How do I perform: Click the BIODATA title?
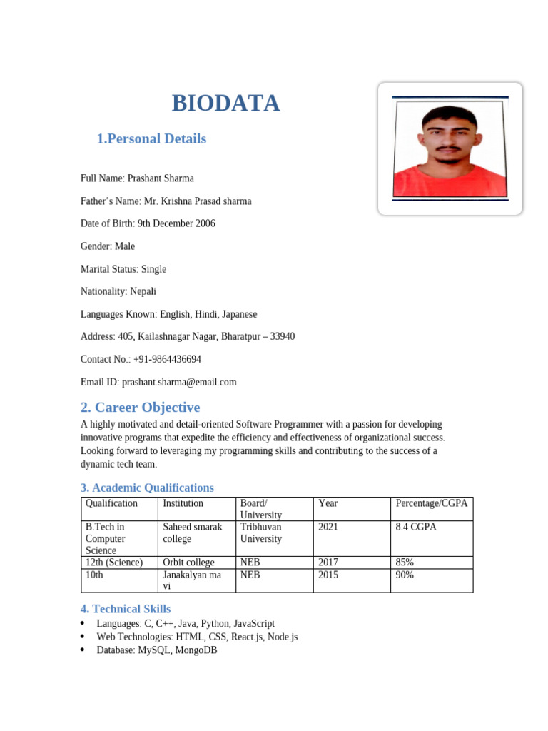(x=225, y=104)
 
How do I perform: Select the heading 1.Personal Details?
(x=151, y=138)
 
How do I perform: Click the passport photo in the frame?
(x=450, y=149)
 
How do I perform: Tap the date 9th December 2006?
(x=176, y=223)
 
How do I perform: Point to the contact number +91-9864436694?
(x=166, y=359)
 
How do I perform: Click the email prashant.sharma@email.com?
(x=179, y=382)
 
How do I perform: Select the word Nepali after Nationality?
(x=143, y=291)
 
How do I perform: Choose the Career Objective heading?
(x=140, y=408)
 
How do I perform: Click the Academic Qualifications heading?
(x=147, y=488)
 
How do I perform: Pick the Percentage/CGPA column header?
(x=431, y=503)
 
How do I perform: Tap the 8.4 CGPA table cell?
(x=415, y=527)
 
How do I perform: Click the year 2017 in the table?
(x=328, y=563)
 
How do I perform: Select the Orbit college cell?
(x=188, y=563)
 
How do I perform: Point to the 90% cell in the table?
(x=405, y=575)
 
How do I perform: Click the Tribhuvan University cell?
(x=261, y=533)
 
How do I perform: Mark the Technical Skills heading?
(x=126, y=609)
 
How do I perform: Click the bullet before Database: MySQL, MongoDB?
(x=84, y=650)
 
